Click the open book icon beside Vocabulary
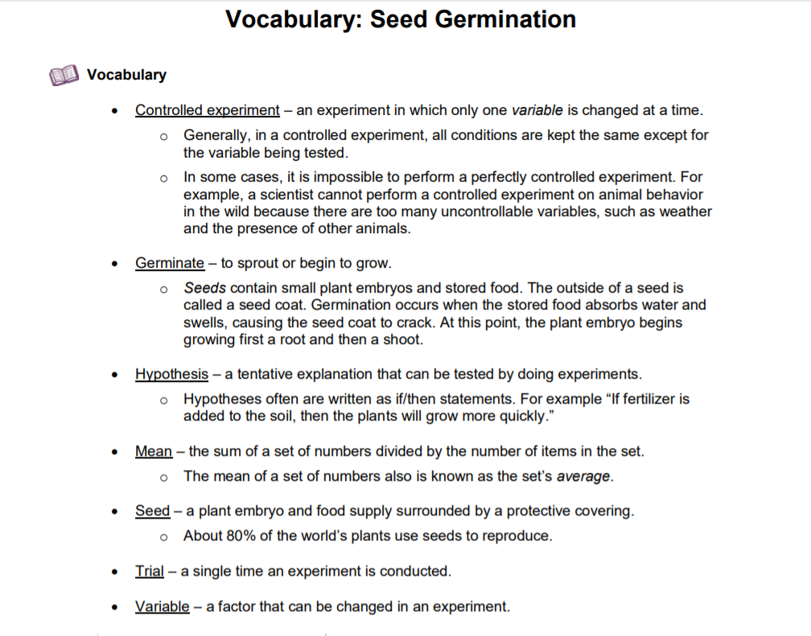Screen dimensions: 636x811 64,76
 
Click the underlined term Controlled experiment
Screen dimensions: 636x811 207,110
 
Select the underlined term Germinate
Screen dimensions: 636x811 169,263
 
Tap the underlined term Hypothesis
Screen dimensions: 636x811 171,374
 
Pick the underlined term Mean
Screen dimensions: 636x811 153,451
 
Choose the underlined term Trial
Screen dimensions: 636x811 149,572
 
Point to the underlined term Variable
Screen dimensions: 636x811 162,606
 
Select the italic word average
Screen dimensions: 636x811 583,476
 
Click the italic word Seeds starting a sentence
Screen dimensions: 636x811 204,288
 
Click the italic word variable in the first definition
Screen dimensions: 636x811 537,110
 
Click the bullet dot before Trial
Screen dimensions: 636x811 117,572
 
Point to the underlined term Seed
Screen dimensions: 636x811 152,511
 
